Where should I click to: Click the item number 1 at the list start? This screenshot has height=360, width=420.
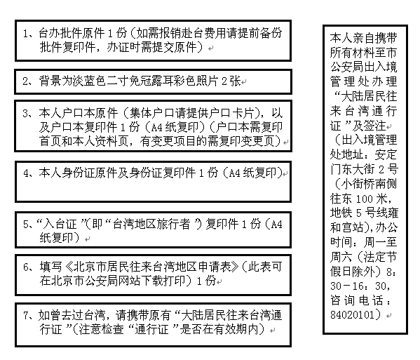(x=25, y=34)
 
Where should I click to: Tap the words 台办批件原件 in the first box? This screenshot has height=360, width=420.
(x=72, y=33)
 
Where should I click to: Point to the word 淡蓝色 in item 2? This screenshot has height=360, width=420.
(x=89, y=81)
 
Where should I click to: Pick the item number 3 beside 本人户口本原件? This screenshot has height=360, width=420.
(x=26, y=114)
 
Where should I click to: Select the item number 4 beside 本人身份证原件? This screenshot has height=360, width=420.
(x=26, y=173)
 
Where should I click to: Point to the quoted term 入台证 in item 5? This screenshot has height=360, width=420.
(x=60, y=224)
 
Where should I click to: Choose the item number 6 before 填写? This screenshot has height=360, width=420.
(x=26, y=267)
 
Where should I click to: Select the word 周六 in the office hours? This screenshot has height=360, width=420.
(x=341, y=257)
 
